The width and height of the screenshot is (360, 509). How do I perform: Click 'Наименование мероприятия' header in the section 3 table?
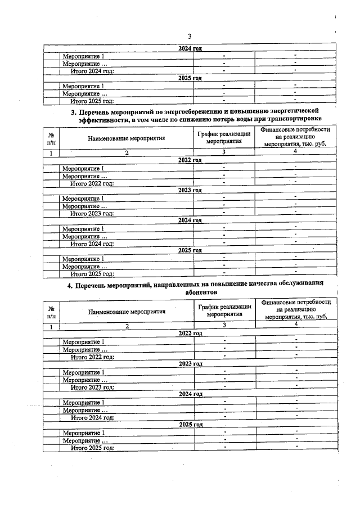(126, 138)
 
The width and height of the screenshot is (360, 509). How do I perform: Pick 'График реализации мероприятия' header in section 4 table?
(224, 310)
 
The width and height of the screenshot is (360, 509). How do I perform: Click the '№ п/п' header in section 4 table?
(51, 313)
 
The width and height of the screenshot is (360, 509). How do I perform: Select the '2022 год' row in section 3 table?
(190, 160)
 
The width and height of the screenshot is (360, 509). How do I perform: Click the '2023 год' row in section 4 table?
(190, 364)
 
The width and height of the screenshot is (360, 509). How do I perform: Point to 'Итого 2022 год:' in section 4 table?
(92, 357)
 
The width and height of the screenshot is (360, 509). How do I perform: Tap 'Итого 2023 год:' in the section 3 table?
(92, 213)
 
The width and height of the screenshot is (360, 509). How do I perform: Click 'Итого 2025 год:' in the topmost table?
(92, 101)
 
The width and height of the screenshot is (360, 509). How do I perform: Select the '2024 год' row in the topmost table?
(190, 49)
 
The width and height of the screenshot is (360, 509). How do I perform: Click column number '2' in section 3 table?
(127, 153)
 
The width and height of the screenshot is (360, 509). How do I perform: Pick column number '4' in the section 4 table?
(295, 325)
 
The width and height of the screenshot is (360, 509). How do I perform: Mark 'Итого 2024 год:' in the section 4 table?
(92, 417)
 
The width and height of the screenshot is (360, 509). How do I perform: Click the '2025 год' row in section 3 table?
(190, 251)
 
